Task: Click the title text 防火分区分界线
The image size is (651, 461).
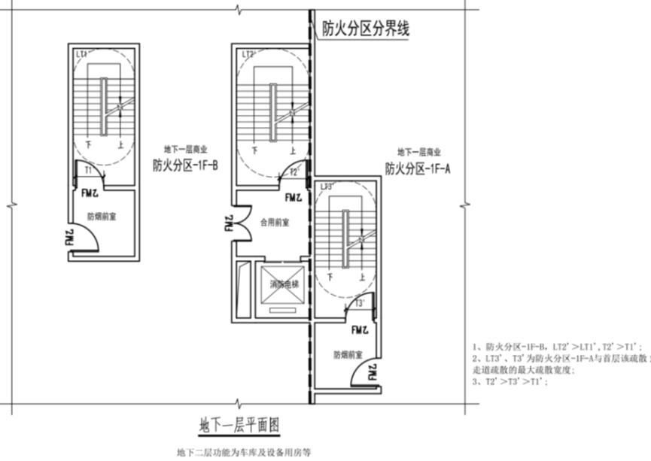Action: point(365,30)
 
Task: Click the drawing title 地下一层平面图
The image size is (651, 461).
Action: point(239,426)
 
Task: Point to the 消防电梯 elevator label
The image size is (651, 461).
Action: point(283,284)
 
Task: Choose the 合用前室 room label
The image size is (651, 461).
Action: point(275,223)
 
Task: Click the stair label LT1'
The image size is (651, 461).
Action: point(82,54)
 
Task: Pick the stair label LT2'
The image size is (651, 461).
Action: point(249,54)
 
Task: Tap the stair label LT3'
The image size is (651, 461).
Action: point(327,186)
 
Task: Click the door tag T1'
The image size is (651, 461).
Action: point(88,171)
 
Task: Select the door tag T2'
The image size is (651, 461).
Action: point(295,172)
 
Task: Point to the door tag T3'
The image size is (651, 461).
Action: point(360,303)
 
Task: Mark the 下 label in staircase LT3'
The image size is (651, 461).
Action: point(330,277)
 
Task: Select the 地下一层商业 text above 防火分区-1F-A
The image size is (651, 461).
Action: point(418,152)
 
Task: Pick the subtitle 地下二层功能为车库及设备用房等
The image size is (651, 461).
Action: point(243,453)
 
